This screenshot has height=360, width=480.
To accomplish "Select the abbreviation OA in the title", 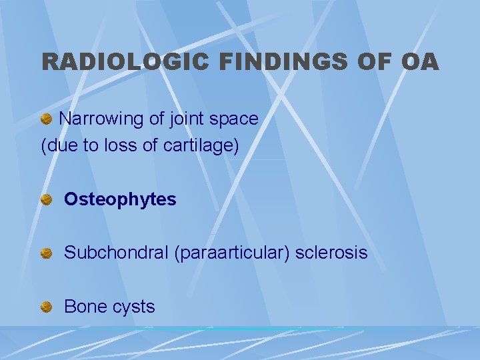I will (x=420, y=62).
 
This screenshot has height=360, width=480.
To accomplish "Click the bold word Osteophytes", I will (x=120, y=199).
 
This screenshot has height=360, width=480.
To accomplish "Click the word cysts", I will (x=133, y=307).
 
